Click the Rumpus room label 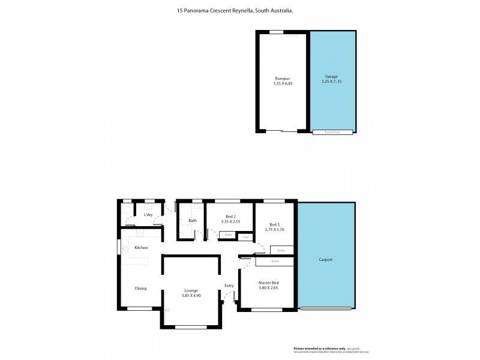coord(282,79)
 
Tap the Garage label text coord(332,77)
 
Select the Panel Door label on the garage coord(332,132)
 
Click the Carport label coord(326,260)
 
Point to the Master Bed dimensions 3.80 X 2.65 coord(268,288)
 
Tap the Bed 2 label coord(230,216)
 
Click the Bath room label coord(193,221)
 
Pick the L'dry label coord(148,214)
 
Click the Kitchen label coord(141,248)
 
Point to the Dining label coord(140,289)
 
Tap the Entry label coord(229,286)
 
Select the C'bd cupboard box coord(245,238)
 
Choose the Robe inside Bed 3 coord(281,250)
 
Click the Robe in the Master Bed coord(275,262)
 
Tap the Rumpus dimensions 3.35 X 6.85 coord(282,83)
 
